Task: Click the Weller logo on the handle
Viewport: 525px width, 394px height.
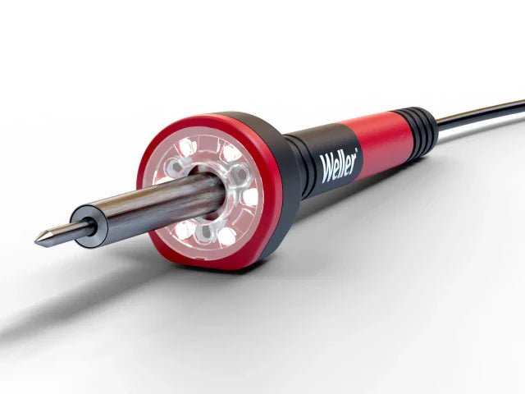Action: [x=338, y=162]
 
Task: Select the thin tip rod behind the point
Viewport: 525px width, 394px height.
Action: [x=62, y=233]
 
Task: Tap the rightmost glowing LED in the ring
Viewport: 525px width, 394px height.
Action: [x=249, y=196]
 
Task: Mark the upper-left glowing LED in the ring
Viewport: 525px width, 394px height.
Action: [x=187, y=148]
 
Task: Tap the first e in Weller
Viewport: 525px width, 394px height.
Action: [x=336, y=164]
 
